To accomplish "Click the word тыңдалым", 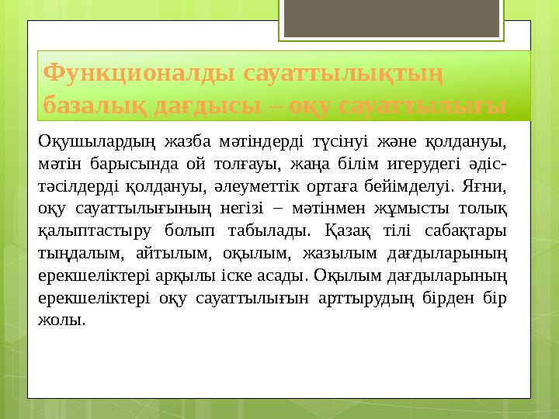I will (78, 253).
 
